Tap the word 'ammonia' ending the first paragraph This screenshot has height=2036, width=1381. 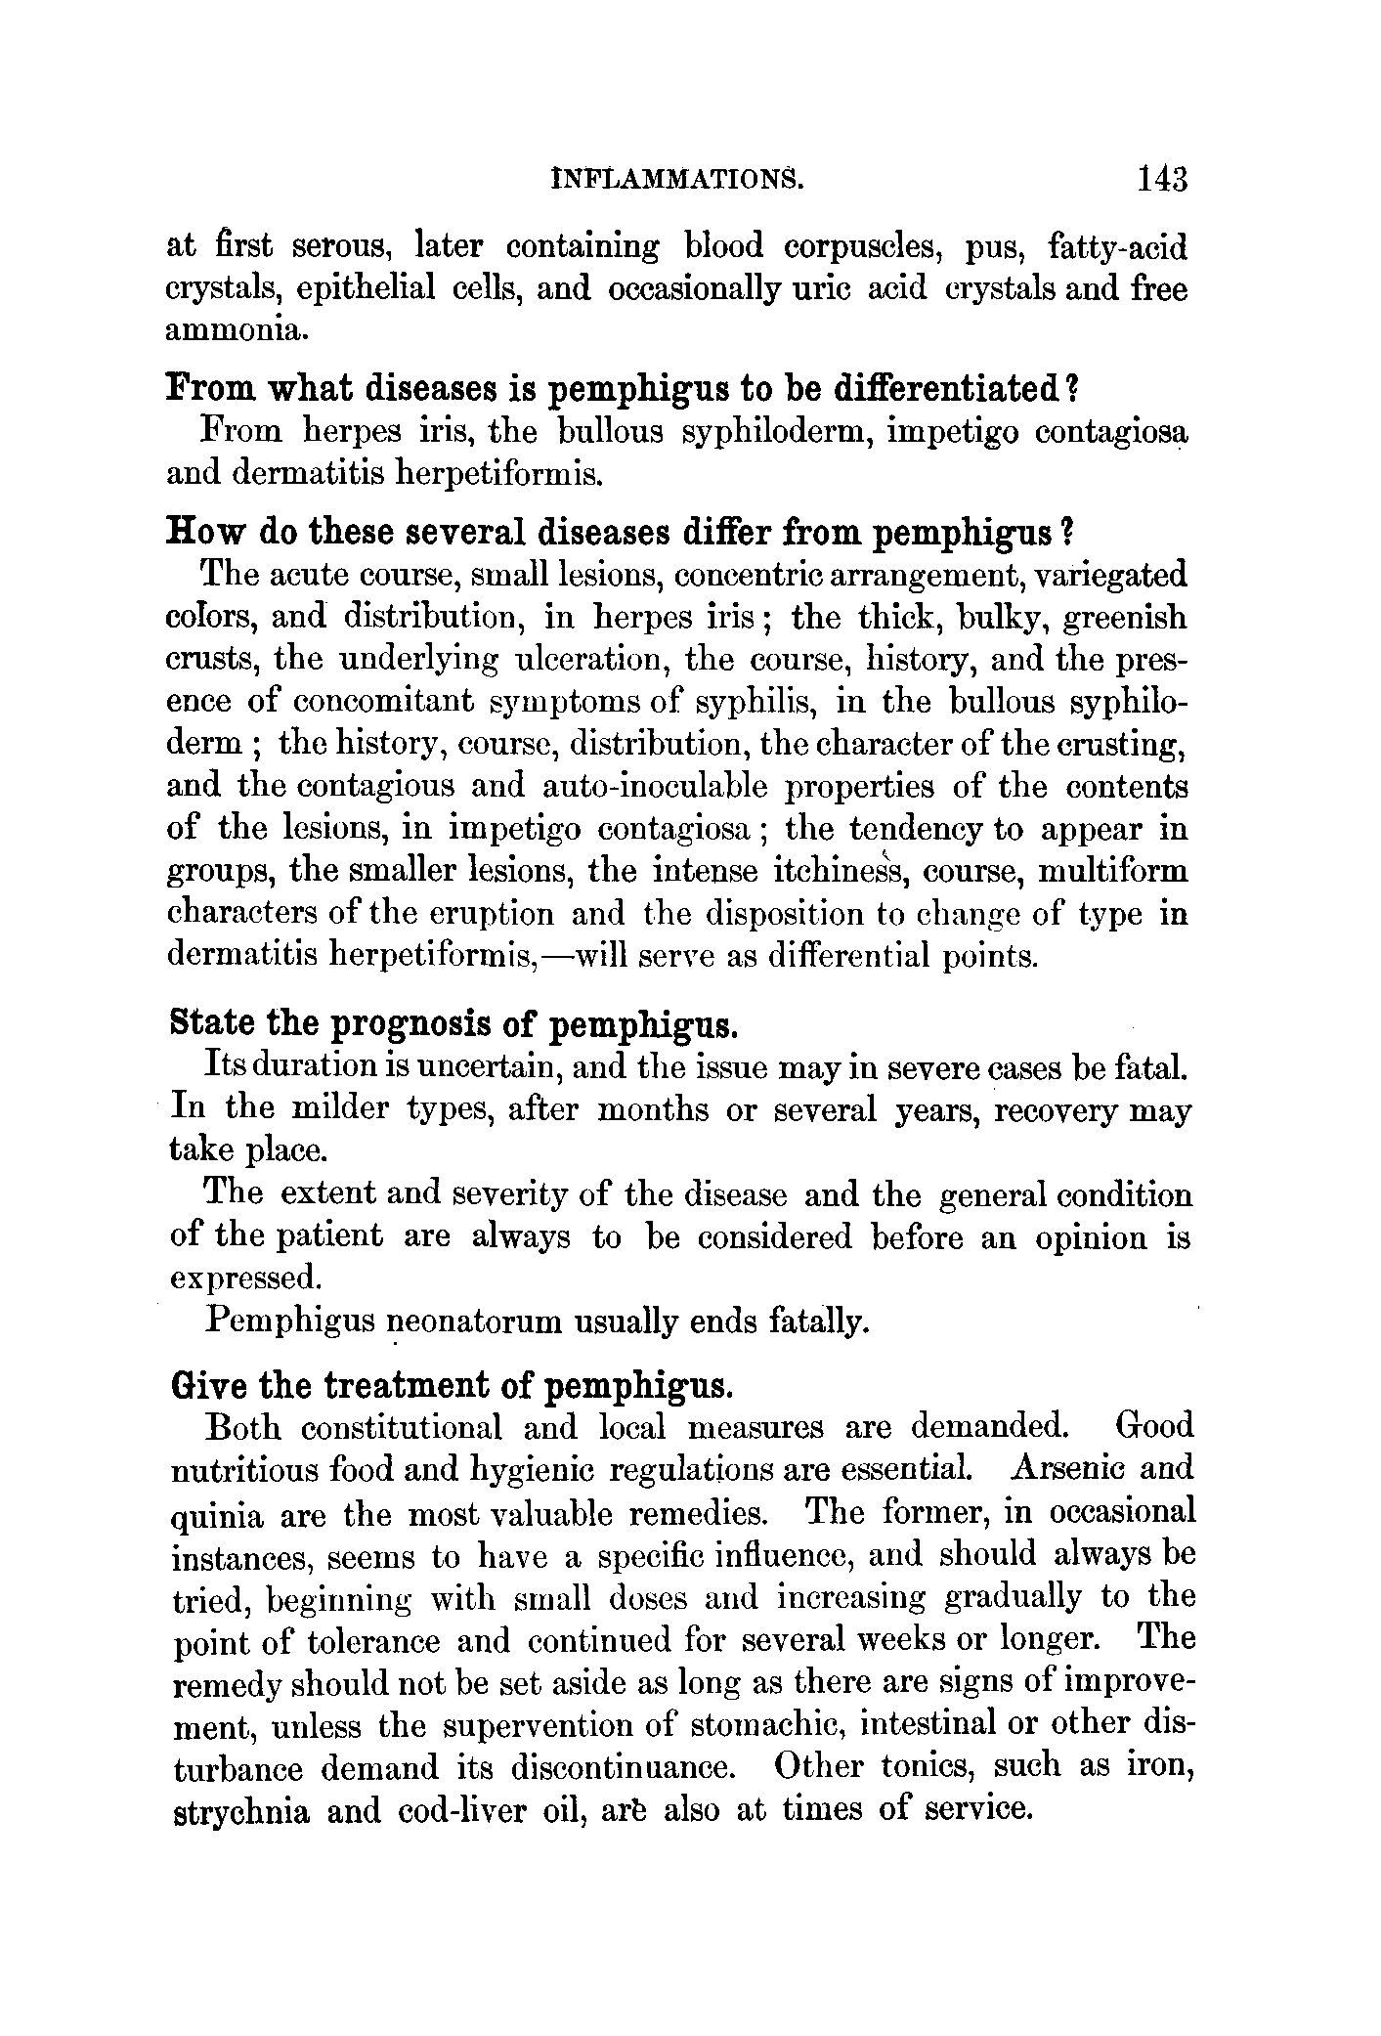point(237,332)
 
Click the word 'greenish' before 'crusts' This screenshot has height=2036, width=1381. point(1124,618)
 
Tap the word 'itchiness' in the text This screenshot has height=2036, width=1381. point(838,870)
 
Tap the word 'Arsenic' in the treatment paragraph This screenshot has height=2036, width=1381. point(1068,1469)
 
